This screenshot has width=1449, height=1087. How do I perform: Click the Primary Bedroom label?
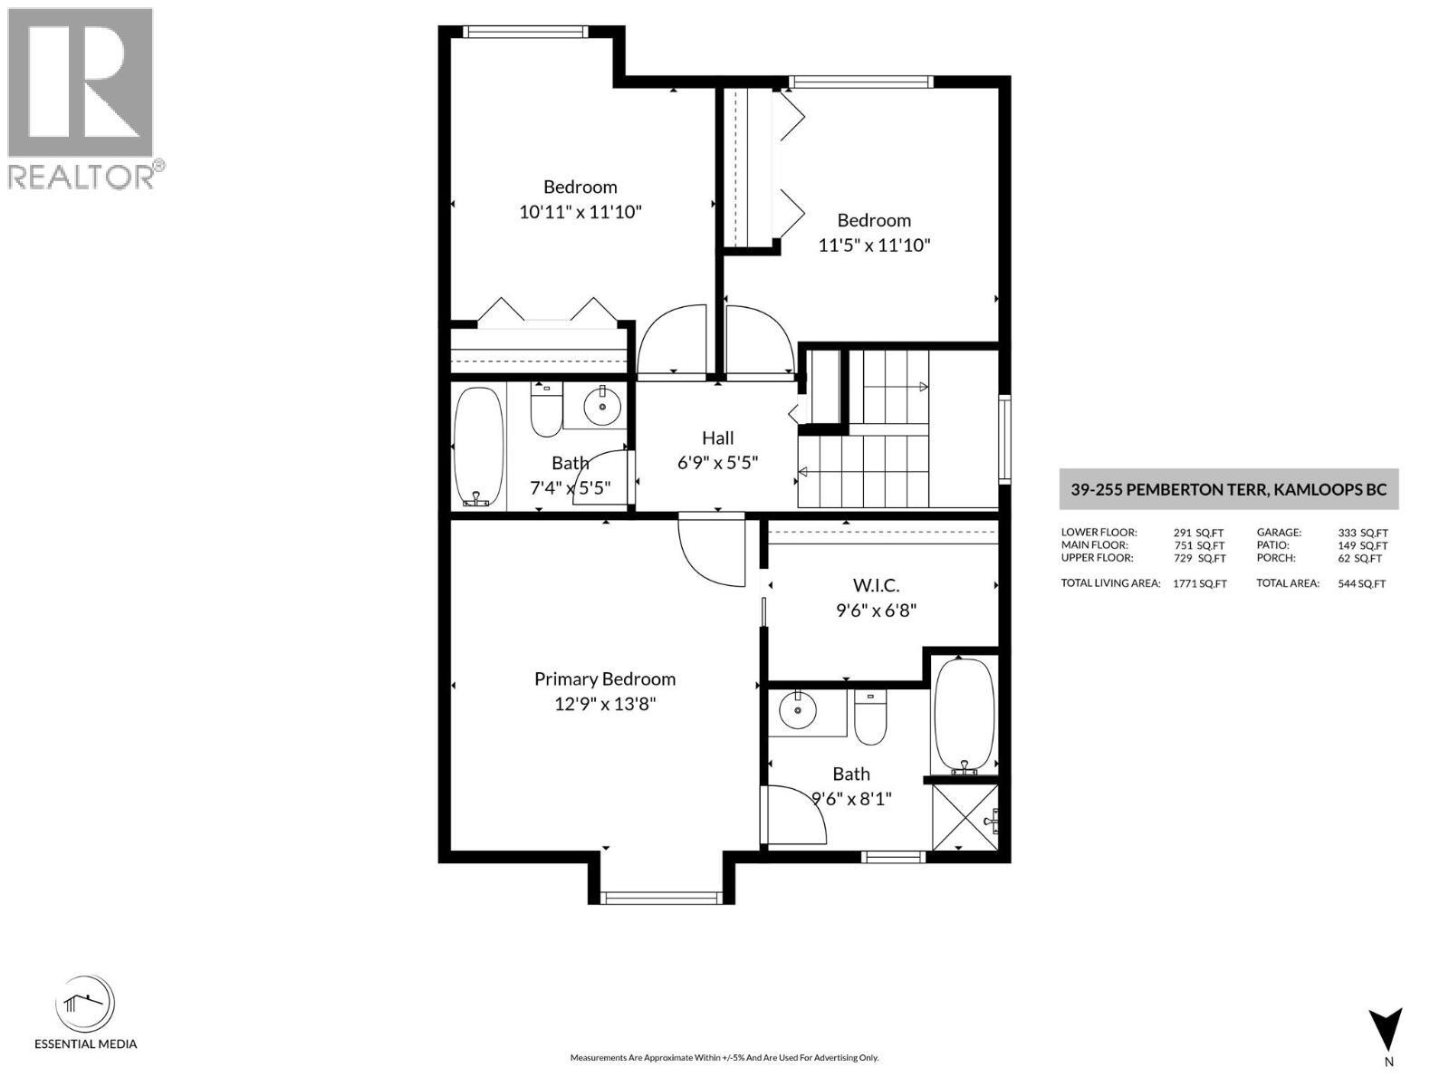point(604,678)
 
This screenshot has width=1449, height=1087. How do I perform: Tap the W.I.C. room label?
point(875,586)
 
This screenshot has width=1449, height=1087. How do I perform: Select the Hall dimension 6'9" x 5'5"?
point(717,462)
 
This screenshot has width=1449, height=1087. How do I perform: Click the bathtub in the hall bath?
point(477,447)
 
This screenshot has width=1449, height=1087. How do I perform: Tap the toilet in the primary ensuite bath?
point(870,717)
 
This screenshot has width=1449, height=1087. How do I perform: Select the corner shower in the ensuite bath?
point(965,816)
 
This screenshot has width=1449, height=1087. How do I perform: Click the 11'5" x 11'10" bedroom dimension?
point(874,245)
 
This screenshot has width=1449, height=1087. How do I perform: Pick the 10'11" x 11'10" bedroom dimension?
point(580,212)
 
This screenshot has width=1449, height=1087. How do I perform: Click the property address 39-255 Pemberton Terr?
point(1228,489)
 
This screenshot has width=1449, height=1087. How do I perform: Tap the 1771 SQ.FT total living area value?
point(1199,584)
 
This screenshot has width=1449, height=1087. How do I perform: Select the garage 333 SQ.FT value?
point(1362,534)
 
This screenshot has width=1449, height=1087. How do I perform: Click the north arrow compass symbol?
point(1386,1031)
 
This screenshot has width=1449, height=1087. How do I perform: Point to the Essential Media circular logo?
point(85,1005)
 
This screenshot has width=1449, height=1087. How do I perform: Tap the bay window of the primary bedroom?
point(662,898)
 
